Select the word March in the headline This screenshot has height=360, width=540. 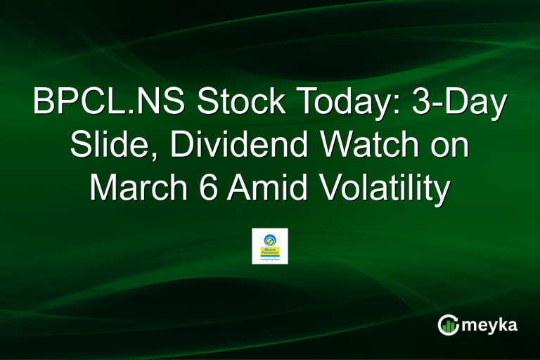click(x=141, y=191)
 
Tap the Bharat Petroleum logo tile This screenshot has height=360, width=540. click(x=270, y=245)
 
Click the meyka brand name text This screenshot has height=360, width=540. click(x=493, y=325)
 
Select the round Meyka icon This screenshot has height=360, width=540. click(x=449, y=324)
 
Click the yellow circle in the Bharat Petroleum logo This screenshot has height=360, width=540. click(x=270, y=238)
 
